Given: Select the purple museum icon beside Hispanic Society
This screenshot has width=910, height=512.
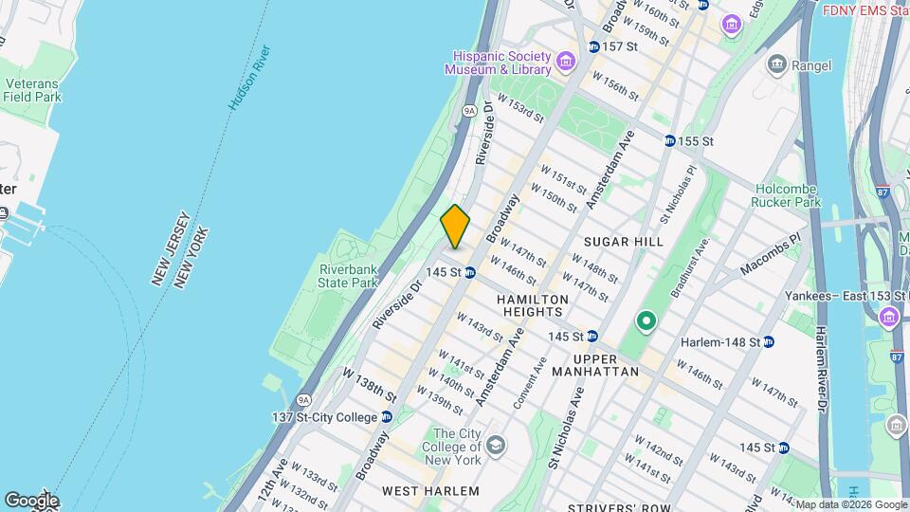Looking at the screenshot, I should coord(566,63).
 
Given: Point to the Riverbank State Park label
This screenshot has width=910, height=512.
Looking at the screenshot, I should coord(347,275).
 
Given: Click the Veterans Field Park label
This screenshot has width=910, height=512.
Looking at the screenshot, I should coord(32,90).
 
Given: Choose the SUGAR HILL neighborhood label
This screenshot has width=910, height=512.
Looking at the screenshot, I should coord(624,242).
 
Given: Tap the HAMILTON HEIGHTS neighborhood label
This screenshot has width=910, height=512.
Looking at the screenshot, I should coord(533,305).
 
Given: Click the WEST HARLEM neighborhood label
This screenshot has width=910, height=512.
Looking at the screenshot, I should coord(430,490).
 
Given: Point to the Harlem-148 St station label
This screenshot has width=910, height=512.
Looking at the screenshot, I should coord(726,341).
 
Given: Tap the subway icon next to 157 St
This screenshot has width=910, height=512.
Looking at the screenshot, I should coord(593,46).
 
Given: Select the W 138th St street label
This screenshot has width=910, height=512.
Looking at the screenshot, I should coord(370,381).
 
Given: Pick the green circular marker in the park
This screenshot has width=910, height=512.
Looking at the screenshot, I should coord(646,321).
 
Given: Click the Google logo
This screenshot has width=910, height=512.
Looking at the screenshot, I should coord(31,500).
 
